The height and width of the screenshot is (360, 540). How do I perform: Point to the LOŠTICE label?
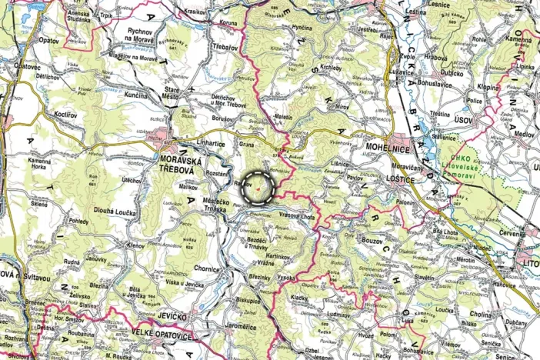pos(402,178)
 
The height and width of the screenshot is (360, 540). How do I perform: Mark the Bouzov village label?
pos(375,241)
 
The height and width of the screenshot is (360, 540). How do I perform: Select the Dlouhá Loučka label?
pos(115,212)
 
